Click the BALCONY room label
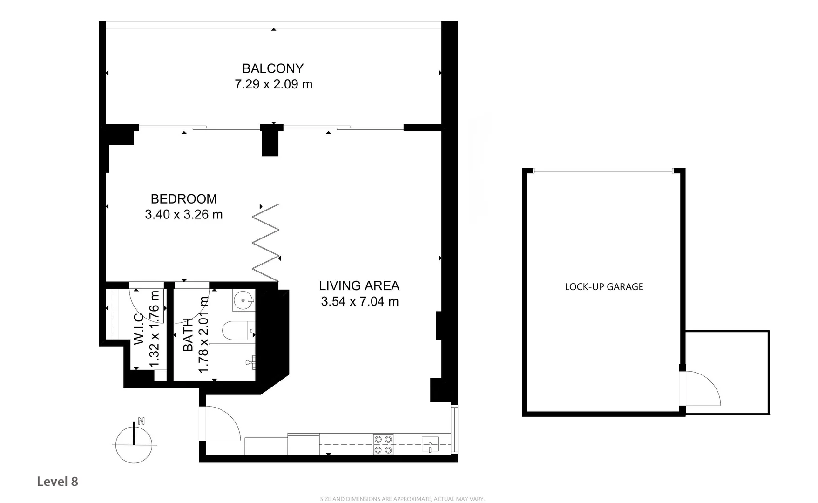[273, 68]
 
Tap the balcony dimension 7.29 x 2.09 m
[273, 84]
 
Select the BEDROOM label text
[183, 199]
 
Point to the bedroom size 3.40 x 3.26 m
[183, 215]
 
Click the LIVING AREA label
[359, 285]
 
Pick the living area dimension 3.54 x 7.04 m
[359, 302]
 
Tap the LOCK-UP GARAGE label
[604, 287]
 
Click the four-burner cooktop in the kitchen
[383, 444]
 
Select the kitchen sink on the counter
[430, 444]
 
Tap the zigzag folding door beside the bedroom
[266, 243]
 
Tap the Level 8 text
[57, 482]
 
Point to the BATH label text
[188, 334]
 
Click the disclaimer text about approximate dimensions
[402, 499]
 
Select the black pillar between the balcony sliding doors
[270, 141]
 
